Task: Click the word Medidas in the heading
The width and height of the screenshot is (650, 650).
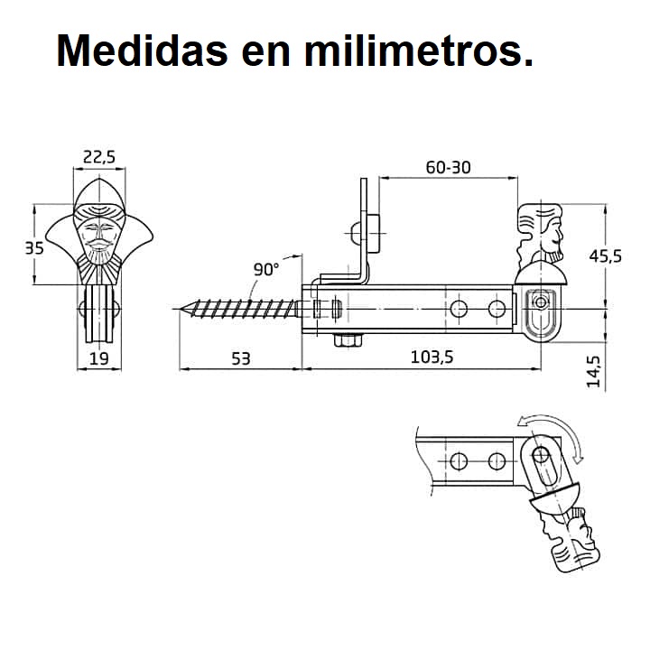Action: click(143, 51)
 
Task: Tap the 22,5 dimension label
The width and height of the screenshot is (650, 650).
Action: click(99, 157)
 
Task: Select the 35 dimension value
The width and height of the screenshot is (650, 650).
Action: click(34, 248)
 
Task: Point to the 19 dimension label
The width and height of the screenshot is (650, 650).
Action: click(99, 358)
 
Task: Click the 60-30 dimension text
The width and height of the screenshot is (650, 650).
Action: click(448, 168)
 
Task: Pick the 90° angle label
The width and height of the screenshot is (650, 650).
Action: click(266, 269)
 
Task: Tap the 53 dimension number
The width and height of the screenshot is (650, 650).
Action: click(241, 358)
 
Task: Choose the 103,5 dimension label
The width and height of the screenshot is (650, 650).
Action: click(432, 357)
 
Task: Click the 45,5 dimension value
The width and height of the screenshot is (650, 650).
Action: click(606, 256)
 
